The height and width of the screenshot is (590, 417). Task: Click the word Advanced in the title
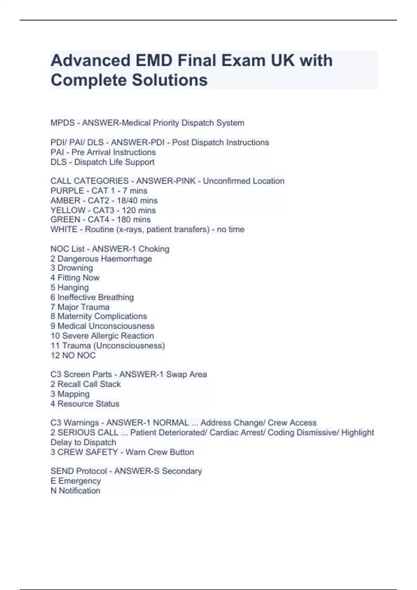90,61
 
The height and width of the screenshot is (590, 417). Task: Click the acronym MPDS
63,123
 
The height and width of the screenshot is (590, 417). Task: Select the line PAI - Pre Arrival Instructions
103,152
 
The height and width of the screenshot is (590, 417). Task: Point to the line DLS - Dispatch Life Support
103,162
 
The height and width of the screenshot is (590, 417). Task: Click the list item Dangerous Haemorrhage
105,259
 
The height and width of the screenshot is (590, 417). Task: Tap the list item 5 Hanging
69,288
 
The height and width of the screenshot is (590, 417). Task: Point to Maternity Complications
102,317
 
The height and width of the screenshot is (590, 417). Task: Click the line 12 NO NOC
73,355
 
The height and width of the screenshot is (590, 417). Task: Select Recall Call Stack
89,384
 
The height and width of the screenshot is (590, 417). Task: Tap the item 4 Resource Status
85,404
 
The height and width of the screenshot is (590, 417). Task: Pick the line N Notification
75,491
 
